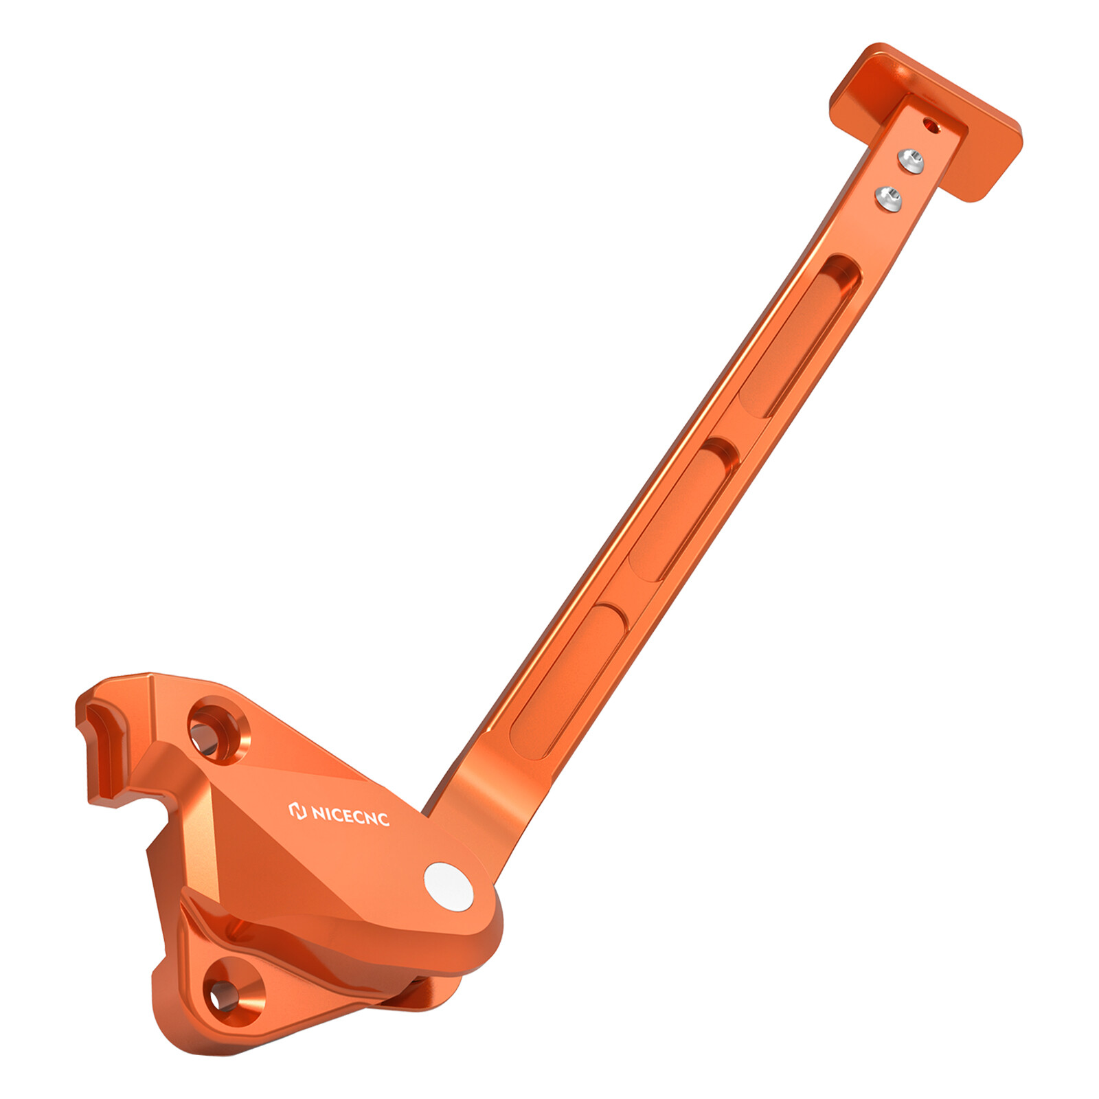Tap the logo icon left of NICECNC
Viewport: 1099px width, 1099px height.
pos(297,811)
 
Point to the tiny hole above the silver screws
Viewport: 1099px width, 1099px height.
pos(931,125)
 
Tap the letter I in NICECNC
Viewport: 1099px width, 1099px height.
pos(328,813)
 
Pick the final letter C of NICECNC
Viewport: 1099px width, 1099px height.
pos(382,819)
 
